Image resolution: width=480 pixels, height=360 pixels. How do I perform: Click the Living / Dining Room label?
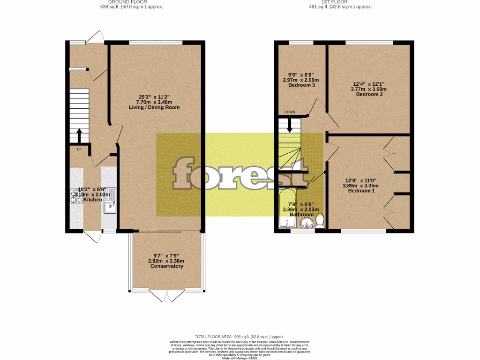coord(154,107)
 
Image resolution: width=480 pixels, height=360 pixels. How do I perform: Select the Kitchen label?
coord(92,200)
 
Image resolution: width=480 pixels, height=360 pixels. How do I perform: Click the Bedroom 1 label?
coord(361,191)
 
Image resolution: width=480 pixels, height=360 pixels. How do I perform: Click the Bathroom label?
coord(301,215)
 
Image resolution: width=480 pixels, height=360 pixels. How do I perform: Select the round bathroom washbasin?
coord(307,222)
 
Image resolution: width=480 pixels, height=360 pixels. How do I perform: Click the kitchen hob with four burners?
coord(76,196)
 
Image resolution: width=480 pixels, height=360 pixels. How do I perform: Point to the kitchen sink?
coord(110,206)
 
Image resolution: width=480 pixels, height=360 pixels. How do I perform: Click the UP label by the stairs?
coord(79,149)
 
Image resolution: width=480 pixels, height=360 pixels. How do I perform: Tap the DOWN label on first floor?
coord(289,112)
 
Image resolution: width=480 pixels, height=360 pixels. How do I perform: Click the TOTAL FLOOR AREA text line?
coord(240,337)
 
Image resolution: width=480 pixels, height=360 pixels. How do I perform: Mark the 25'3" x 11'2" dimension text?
coord(154,97)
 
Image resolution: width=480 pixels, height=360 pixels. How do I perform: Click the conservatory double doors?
coord(167,295)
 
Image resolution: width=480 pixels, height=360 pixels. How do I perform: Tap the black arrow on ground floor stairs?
coord(79,135)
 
